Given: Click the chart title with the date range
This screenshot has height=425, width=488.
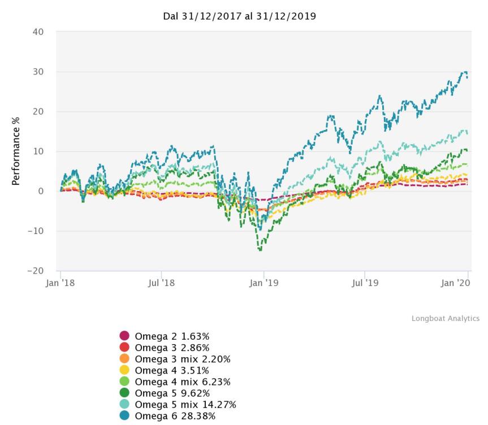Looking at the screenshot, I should (239, 16).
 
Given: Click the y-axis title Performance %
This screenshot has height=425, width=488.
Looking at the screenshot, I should (16, 151).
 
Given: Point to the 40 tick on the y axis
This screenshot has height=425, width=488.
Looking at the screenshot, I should (38, 32).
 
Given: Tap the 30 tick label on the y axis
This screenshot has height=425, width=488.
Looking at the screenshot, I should (38, 72).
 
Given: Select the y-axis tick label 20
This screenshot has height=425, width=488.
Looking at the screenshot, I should (38, 111).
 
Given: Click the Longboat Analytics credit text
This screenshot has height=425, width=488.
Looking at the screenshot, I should (445, 319).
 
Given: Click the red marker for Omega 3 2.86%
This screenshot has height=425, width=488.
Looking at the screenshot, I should (124, 347).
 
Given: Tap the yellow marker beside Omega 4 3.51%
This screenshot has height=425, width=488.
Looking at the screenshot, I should (124, 370).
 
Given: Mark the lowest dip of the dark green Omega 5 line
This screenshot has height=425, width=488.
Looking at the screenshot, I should (261, 250).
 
